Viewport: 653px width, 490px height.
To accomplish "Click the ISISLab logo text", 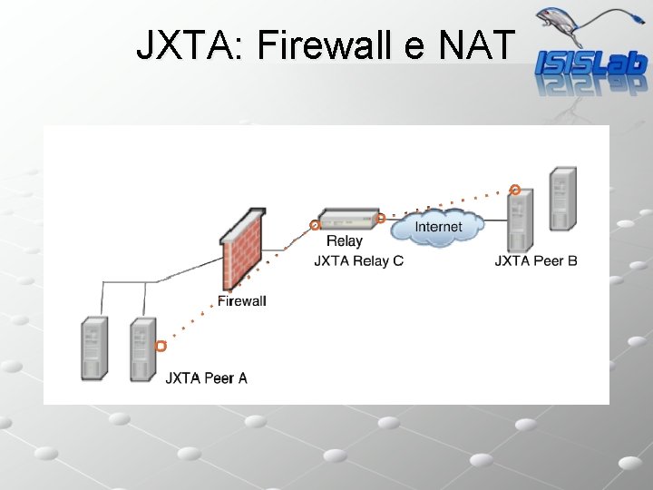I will point(590,63).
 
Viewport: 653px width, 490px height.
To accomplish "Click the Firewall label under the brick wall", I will point(242,300).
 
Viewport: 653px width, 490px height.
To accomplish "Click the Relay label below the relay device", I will point(344,241).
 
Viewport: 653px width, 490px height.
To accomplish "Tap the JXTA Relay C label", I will point(358,261).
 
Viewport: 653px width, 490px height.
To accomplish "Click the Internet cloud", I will point(437,227).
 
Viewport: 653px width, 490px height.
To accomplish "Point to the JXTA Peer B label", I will point(535,261).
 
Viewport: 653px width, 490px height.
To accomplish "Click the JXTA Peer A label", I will point(206,377).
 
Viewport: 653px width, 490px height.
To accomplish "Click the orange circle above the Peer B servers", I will point(514,190).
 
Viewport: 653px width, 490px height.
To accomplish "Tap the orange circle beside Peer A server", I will point(161,346).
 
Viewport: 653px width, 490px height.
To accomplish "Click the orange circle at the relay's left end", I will point(315,224).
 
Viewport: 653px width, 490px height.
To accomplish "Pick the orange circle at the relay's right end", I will point(381,218).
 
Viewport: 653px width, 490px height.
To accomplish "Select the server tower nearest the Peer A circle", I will point(141,349).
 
